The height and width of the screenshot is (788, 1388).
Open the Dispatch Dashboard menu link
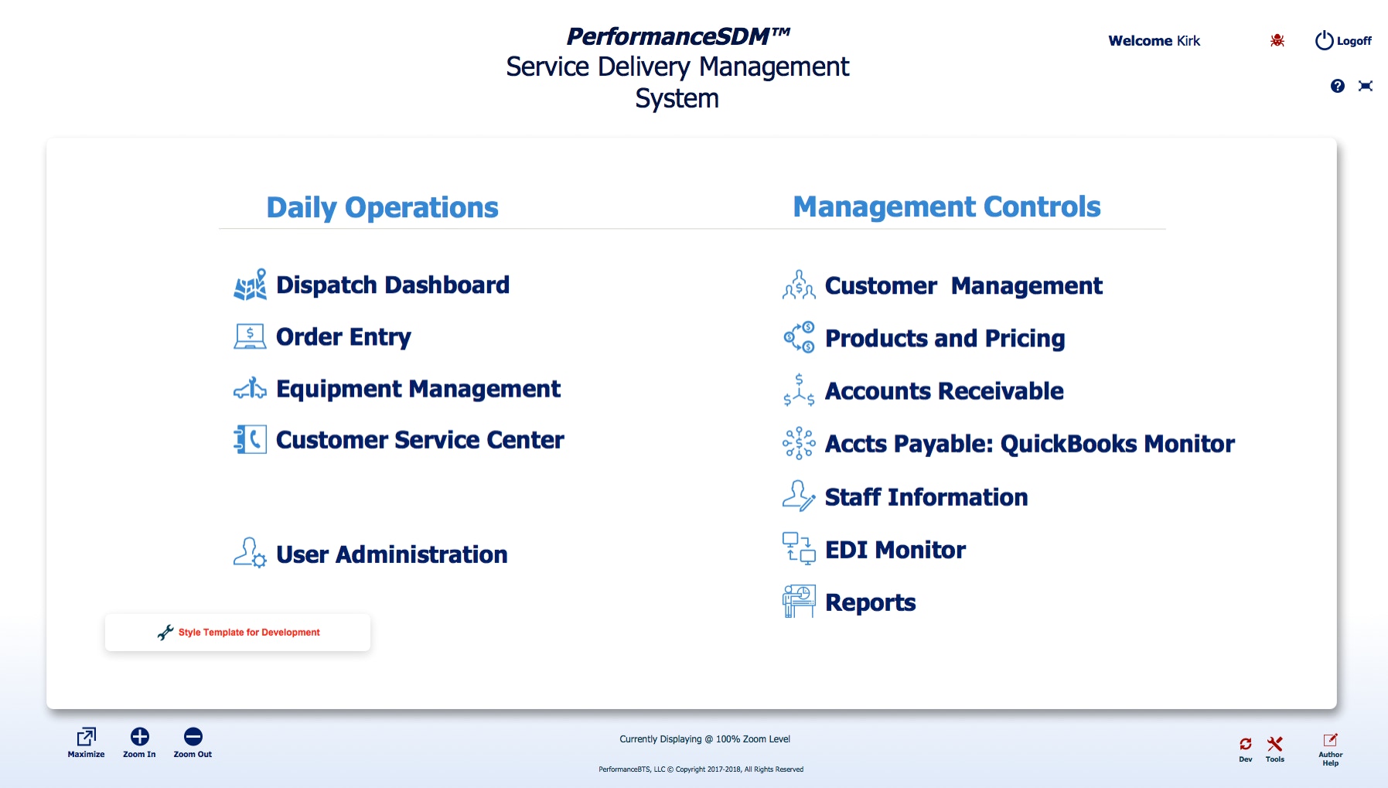point(393,285)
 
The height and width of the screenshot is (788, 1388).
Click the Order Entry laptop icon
point(250,336)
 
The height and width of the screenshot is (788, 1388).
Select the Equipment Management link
point(418,389)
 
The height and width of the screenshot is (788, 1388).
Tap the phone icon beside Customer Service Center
point(250,439)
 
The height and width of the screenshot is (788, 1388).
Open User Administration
point(391,554)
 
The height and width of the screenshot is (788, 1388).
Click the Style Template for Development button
point(237,633)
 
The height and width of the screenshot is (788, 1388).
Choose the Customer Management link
point(963,286)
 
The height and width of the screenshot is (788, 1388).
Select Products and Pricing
point(945,339)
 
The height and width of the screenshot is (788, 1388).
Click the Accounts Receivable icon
point(799,391)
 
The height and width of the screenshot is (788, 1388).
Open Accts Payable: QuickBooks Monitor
point(1030,444)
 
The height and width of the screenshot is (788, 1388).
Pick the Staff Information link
point(926,497)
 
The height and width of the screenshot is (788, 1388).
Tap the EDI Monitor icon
point(799,548)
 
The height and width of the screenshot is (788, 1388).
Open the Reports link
point(871,603)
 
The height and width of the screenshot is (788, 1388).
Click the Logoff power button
point(1325,40)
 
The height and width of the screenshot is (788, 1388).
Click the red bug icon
point(1277,40)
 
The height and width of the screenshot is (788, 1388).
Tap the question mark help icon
point(1338,86)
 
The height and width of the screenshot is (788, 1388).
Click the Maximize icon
point(86,736)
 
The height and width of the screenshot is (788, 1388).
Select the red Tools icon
point(1275,744)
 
